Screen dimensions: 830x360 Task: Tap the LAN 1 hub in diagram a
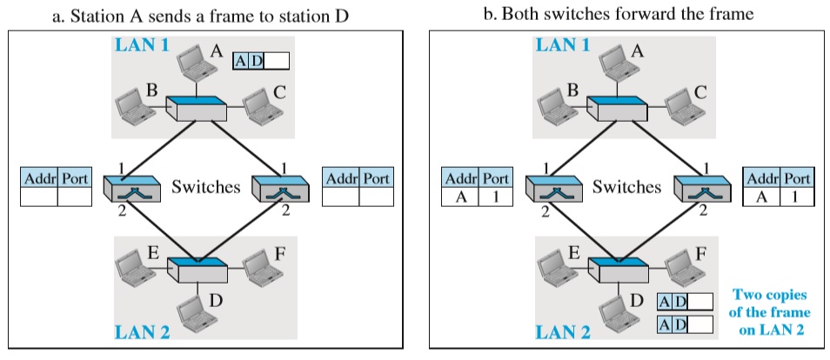tap(197, 109)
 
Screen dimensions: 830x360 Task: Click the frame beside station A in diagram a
tap(261, 61)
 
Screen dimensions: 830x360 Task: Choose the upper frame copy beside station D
tap(685, 302)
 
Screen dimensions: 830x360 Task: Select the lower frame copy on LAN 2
tap(685, 324)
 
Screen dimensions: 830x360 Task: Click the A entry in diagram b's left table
tap(460, 197)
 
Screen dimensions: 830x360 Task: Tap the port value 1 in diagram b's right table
tap(794, 197)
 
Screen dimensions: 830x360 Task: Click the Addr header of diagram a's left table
tap(39, 178)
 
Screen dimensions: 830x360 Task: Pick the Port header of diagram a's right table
tap(376, 178)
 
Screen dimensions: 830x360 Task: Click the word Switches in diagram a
tap(205, 187)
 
